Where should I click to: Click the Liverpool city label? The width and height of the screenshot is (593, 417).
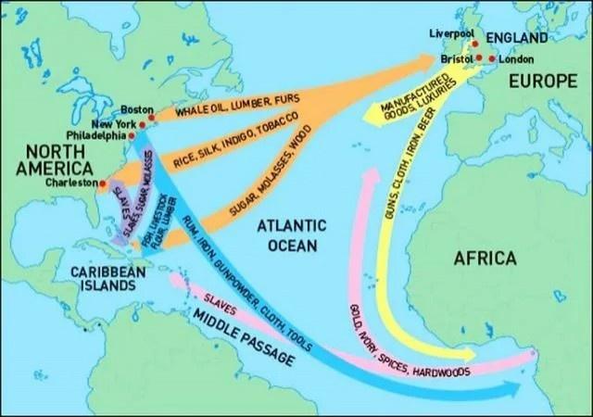[x=451, y=34]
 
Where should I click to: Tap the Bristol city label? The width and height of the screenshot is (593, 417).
[x=458, y=58]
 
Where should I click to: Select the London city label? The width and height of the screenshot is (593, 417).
[x=516, y=58]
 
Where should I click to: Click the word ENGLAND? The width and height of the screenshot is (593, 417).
[x=517, y=38]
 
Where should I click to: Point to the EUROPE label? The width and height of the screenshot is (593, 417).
[x=542, y=82]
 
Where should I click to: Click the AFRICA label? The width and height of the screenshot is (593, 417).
[x=485, y=259]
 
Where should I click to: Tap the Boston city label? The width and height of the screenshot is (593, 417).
[x=137, y=109]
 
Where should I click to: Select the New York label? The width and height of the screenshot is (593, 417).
[x=114, y=123]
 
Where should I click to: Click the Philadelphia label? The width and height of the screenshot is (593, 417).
[x=95, y=135]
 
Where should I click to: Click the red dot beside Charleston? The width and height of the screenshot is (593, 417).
[x=103, y=183]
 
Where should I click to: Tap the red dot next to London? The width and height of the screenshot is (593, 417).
[x=492, y=58]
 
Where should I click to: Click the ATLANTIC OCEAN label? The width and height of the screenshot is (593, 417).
[x=291, y=235]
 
